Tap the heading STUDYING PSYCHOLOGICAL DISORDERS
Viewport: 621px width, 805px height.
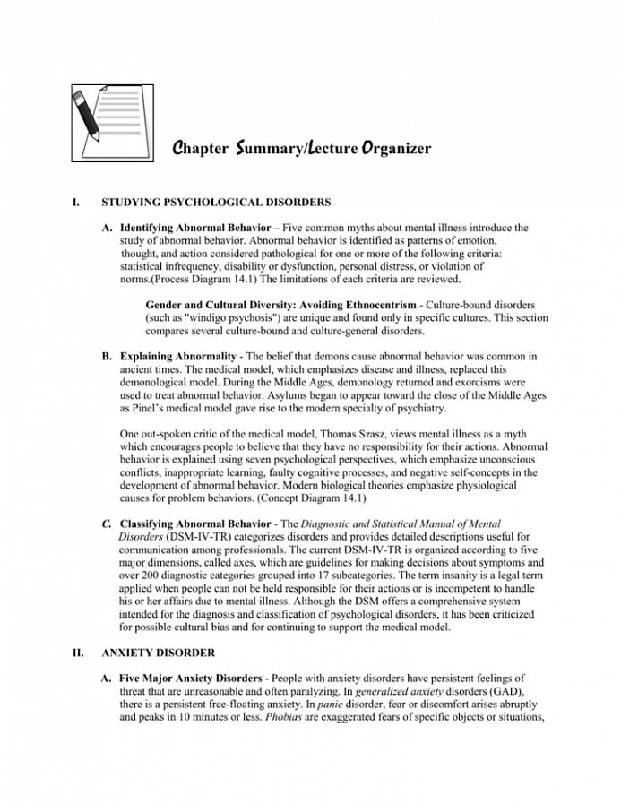click(x=216, y=203)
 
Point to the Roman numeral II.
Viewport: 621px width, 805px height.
click(x=78, y=653)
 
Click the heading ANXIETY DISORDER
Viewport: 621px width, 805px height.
click(x=158, y=653)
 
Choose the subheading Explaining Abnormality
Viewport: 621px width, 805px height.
click(x=178, y=357)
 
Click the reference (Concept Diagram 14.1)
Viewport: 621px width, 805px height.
click(x=310, y=498)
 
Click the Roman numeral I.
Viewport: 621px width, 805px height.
click(x=75, y=203)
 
